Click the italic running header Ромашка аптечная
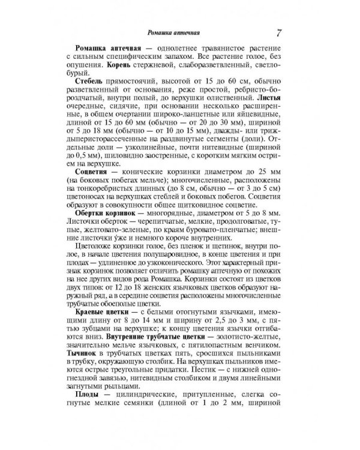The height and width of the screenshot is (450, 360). (x=175, y=32)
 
